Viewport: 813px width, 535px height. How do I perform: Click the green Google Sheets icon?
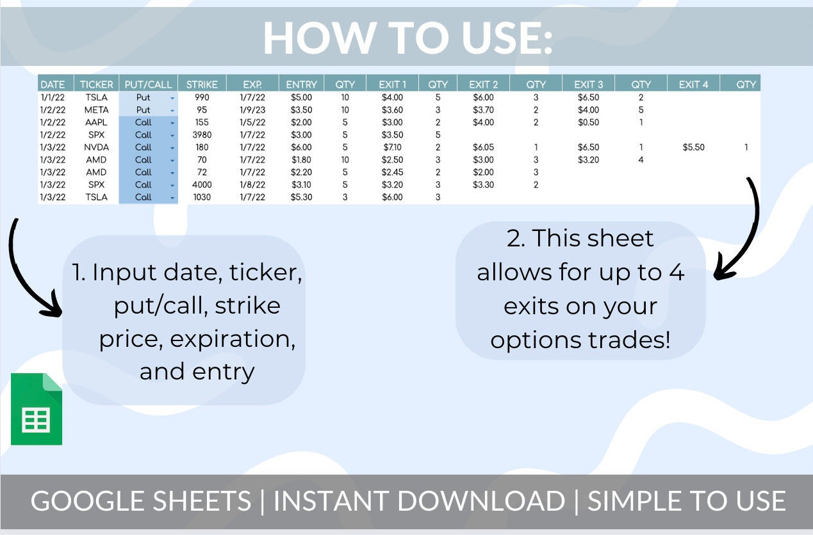click(37, 409)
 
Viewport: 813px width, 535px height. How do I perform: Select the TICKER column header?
click(96, 84)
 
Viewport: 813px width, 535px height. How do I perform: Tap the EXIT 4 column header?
click(693, 84)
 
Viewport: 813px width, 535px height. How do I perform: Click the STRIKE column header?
click(202, 84)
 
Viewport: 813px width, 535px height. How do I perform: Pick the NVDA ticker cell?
click(96, 147)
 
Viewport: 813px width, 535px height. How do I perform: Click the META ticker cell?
click(96, 110)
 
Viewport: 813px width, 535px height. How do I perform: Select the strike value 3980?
click(202, 135)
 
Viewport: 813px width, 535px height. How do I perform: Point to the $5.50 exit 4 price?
click(693, 147)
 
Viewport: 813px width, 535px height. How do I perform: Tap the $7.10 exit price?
click(392, 147)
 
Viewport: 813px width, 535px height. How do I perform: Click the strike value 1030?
click(202, 197)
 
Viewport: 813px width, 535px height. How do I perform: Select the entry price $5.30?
click(301, 197)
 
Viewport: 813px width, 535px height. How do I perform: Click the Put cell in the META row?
click(144, 110)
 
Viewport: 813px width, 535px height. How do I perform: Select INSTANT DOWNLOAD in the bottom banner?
click(419, 501)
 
